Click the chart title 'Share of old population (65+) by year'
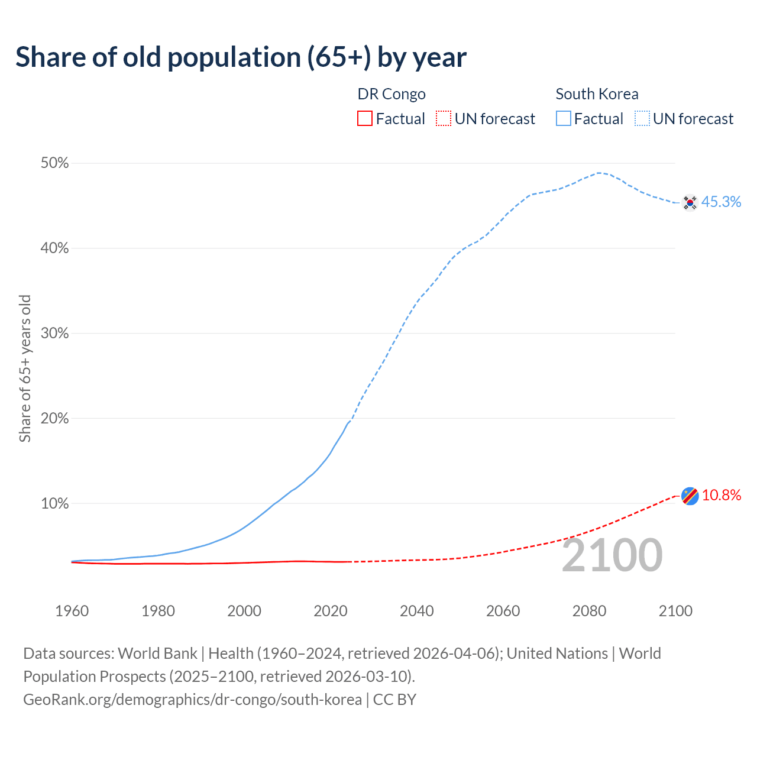[241, 57]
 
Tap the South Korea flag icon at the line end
[690, 202]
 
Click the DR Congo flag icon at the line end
[690, 496]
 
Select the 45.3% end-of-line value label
[721, 202]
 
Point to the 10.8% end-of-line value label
[722, 496]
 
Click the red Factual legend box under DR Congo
[365, 119]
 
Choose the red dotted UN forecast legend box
[444, 119]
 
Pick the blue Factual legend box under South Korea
[564, 119]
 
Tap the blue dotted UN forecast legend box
[642, 119]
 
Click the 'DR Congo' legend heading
[392, 94]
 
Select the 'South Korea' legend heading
[597, 94]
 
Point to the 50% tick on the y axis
[54, 163]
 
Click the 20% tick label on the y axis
[54, 419]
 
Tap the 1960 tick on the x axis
[72, 611]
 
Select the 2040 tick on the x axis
[417, 611]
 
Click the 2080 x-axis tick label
[589, 611]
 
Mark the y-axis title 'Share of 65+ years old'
[25, 368]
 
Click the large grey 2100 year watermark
[612, 555]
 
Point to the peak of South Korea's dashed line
[599, 173]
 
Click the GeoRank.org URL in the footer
[192, 700]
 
